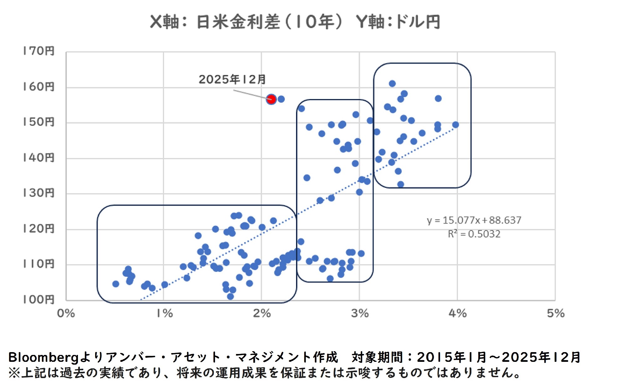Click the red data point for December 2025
pyautogui.click(x=271, y=99)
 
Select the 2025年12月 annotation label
pyautogui.click(x=232, y=79)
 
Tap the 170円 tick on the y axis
pyautogui.click(x=39, y=51)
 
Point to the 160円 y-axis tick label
pyautogui.click(x=39, y=87)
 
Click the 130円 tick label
pyautogui.click(x=39, y=193)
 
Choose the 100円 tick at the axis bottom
pyautogui.click(x=39, y=300)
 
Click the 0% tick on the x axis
pyautogui.click(x=66, y=313)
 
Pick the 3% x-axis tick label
pyautogui.click(x=360, y=313)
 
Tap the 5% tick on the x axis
pyautogui.click(x=556, y=313)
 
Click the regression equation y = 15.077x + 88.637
pyautogui.click(x=474, y=220)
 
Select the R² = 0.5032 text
pyautogui.click(x=474, y=234)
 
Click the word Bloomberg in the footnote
pyautogui.click(x=43, y=357)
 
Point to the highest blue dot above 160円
pyautogui.click(x=392, y=83)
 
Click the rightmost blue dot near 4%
pyautogui.click(x=455, y=125)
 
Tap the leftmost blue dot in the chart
pyautogui.click(x=115, y=284)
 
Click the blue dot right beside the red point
pyautogui.click(x=281, y=99)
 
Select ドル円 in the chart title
pyautogui.click(x=418, y=22)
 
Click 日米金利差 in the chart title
pyautogui.click(x=238, y=22)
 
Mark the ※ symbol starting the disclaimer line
pyautogui.click(x=14, y=373)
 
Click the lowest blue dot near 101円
pyautogui.click(x=230, y=296)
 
